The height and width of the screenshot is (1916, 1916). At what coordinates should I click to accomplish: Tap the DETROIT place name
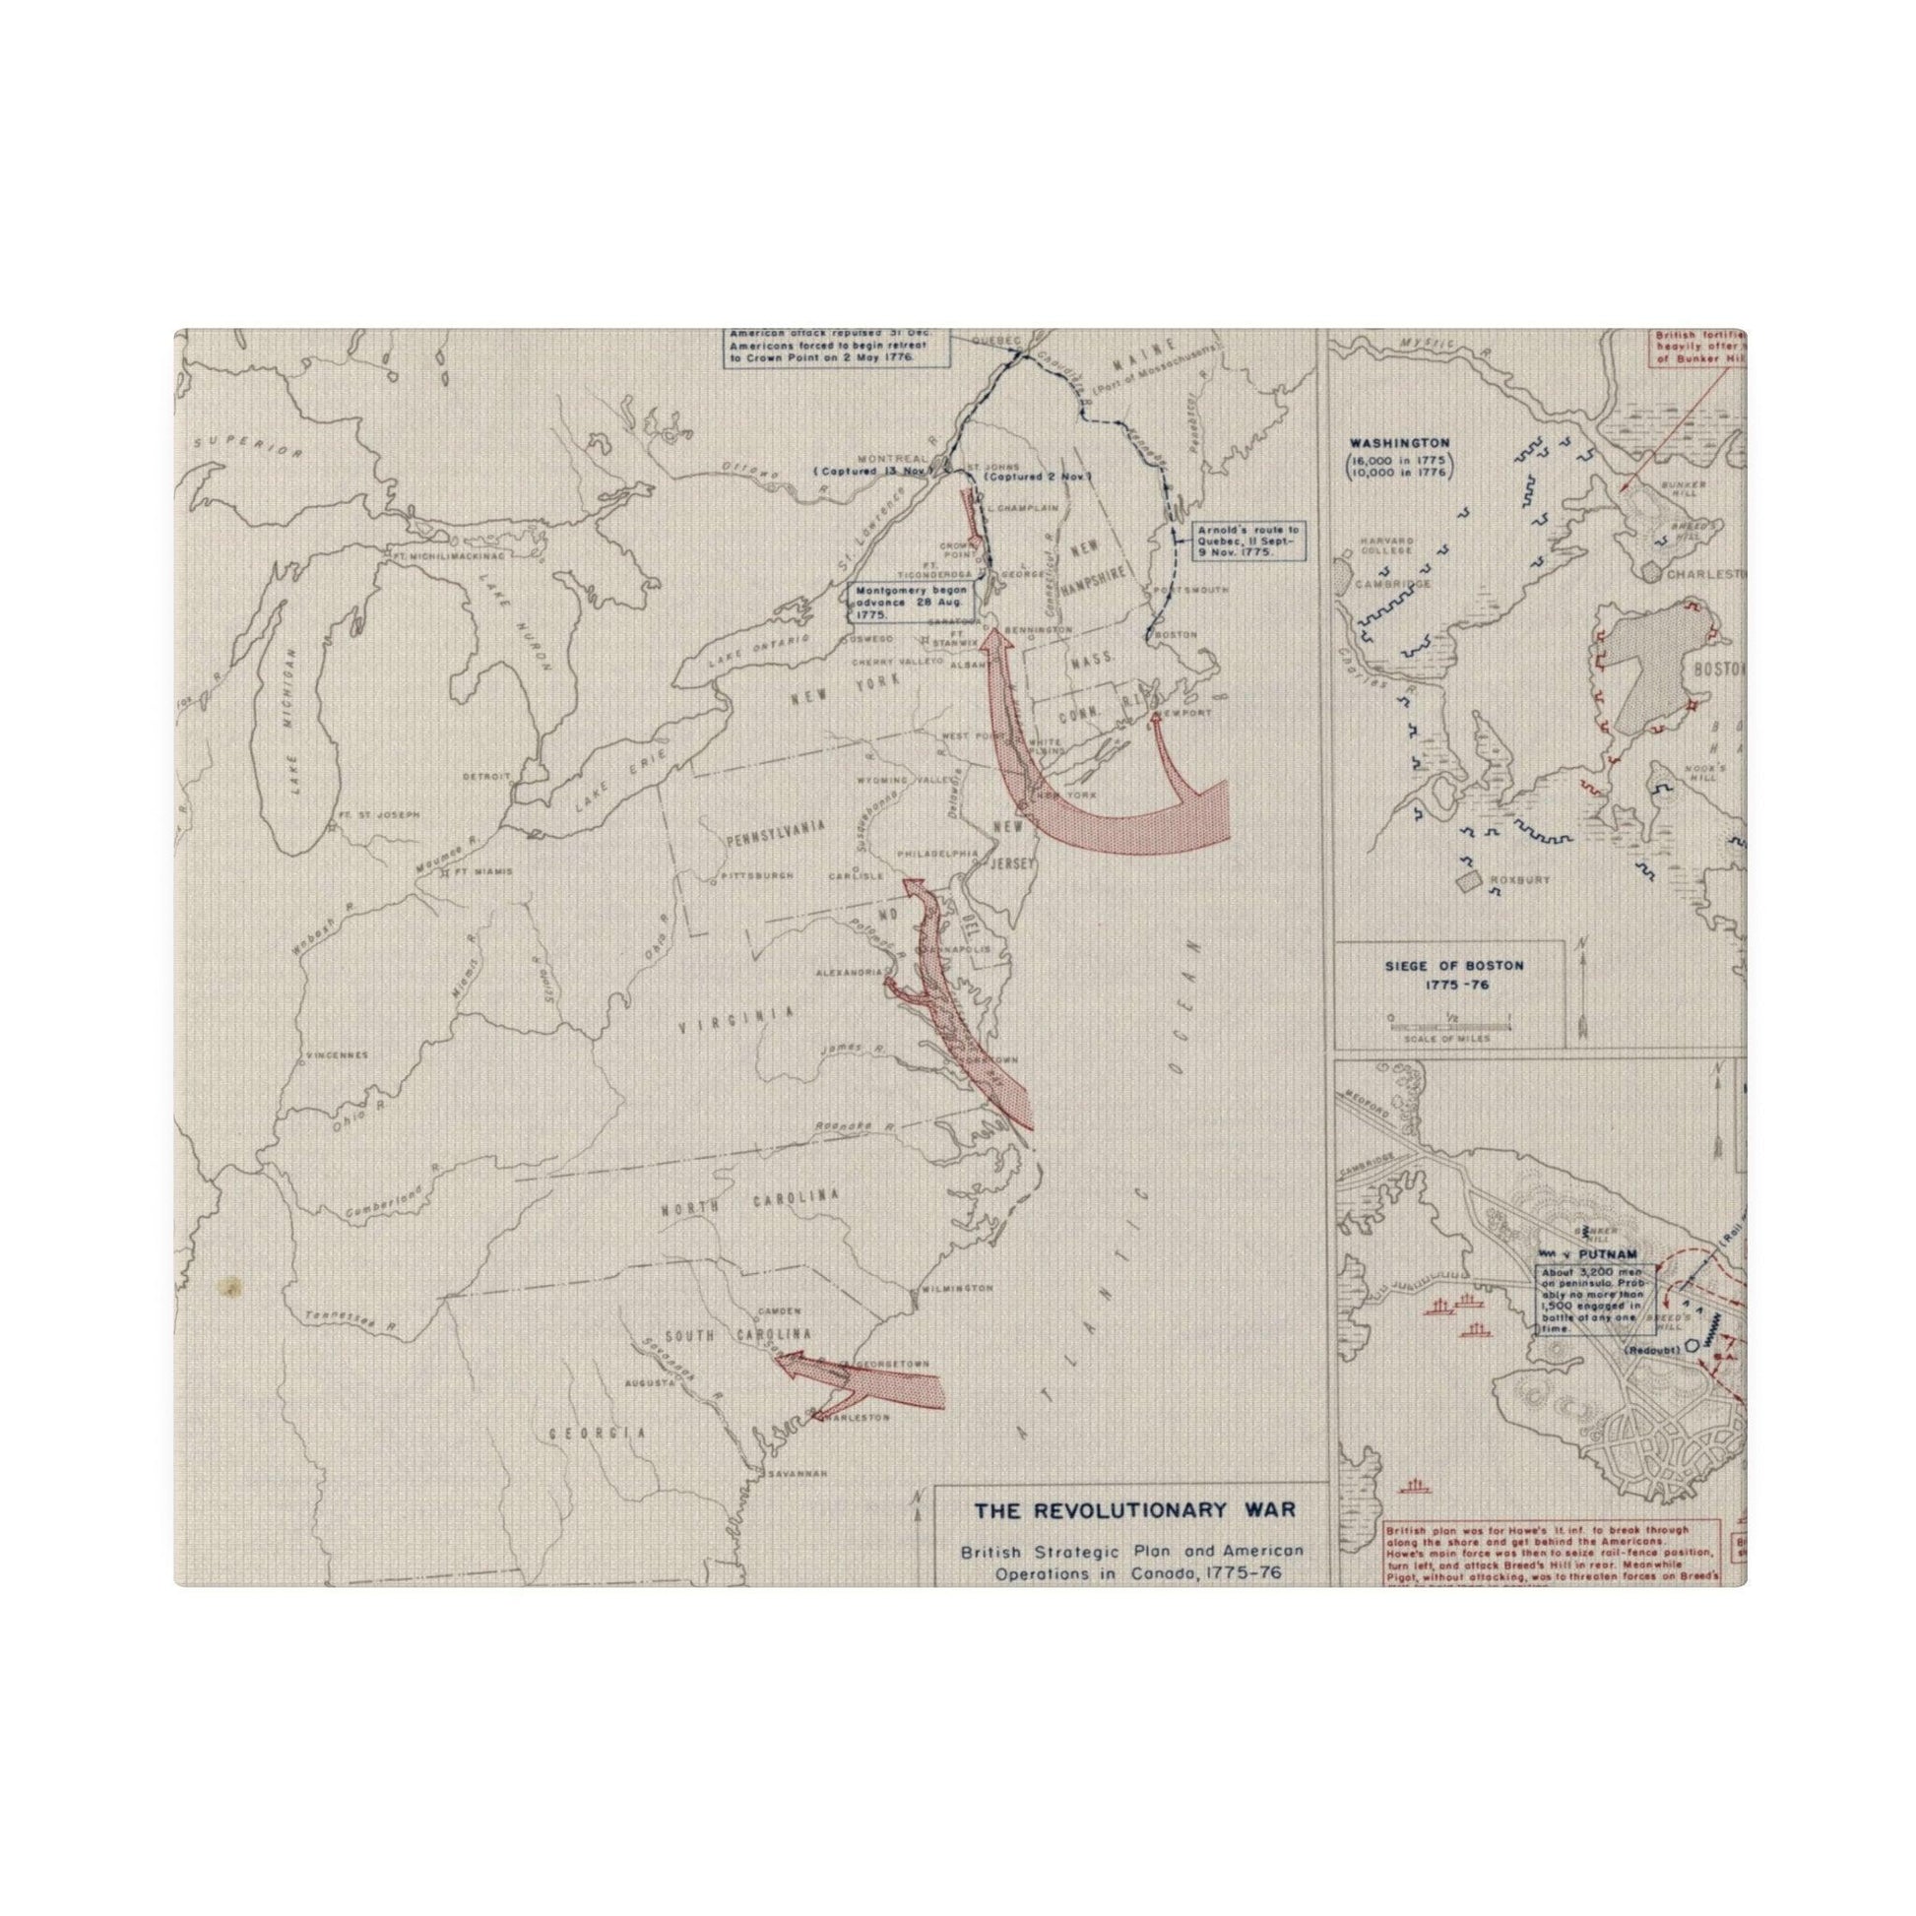pyautogui.click(x=485, y=776)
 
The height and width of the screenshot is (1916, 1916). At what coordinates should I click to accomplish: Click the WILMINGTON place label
pyautogui.click(x=956, y=1288)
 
